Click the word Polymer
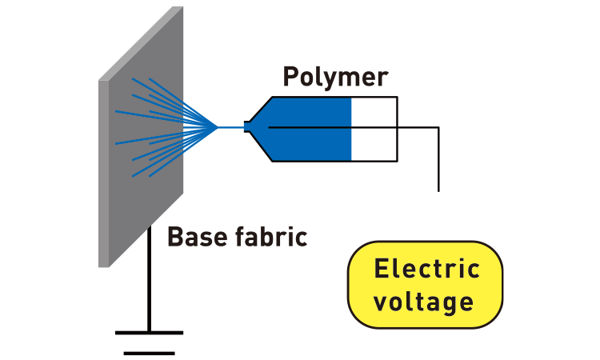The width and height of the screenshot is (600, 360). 335,77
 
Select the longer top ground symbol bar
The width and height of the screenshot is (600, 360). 149,332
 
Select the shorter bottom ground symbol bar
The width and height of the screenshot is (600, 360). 149,352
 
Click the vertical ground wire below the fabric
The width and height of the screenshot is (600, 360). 149,280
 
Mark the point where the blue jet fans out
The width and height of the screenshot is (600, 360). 216,126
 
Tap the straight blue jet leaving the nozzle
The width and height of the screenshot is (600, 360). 230,126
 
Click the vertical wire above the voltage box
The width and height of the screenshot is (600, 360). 438,160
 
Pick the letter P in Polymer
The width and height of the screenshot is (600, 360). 291,77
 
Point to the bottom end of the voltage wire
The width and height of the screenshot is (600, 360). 438,190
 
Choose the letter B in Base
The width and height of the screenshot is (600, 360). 174,237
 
